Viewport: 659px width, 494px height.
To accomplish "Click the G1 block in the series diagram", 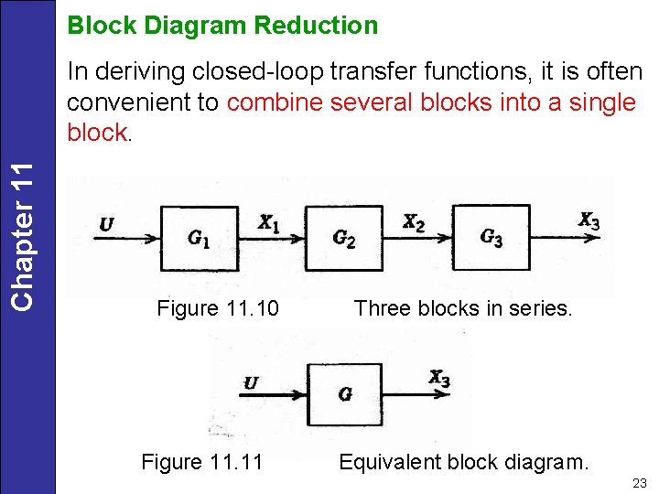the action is click(199, 238).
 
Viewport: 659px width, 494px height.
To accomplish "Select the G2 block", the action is click(343, 238).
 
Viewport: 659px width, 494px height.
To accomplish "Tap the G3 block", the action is click(492, 237).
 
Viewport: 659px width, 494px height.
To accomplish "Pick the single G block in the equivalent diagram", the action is click(344, 394).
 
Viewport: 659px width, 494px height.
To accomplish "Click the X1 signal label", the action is click(268, 222).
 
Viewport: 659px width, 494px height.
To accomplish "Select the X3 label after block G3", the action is click(589, 220).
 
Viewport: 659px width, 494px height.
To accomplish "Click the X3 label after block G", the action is click(439, 378).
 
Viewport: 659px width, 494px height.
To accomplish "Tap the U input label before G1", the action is click(107, 224).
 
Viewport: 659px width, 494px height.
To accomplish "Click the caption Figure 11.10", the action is click(218, 308).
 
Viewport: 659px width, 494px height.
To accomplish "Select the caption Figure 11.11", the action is click(201, 462).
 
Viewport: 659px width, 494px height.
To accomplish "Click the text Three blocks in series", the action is click(463, 308).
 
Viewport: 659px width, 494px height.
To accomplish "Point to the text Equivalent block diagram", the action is click(464, 462).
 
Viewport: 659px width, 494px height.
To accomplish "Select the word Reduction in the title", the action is click(316, 26).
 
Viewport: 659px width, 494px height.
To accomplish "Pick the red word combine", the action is click(275, 102).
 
